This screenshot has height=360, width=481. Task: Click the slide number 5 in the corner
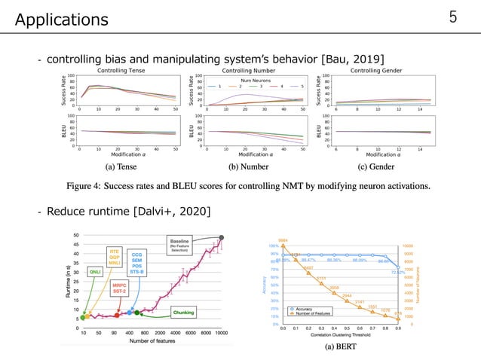click(454, 17)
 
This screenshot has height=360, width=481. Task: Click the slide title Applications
click(61, 17)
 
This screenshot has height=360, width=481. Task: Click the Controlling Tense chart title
click(127, 70)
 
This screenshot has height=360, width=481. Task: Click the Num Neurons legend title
click(253, 80)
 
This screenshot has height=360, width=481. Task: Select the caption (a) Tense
click(127, 166)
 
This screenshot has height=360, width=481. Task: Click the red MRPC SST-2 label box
click(118, 288)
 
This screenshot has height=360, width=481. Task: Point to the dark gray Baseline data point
click(221, 236)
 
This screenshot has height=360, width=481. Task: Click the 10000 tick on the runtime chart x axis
click(220, 333)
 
